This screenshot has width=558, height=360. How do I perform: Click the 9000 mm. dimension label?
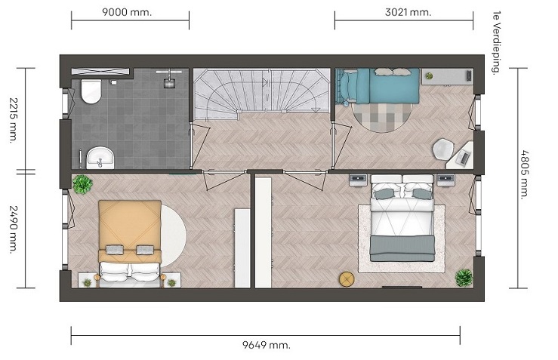(127, 12)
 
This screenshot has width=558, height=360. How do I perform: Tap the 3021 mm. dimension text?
(408, 12)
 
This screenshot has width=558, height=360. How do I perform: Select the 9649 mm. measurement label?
(267, 345)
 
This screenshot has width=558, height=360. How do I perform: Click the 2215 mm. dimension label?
(14, 120)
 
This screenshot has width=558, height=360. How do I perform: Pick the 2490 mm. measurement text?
(14, 229)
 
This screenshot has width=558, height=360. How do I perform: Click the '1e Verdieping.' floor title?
(496, 43)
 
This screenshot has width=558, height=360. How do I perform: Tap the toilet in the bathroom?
(91, 91)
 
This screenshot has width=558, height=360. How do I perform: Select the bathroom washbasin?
(100, 158)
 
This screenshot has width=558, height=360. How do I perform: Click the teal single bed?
(378, 86)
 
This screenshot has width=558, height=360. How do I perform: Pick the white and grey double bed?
(402, 217)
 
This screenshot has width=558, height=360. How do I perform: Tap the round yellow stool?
(347, 279)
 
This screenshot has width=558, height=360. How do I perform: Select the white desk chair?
(444, 149)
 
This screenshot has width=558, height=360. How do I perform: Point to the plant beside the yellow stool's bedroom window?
(464, 278)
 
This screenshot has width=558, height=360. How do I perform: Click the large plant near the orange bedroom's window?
(82, 184)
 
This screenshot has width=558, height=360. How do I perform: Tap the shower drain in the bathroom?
(169, 83)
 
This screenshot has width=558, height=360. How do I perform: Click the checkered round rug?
(382, 115)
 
